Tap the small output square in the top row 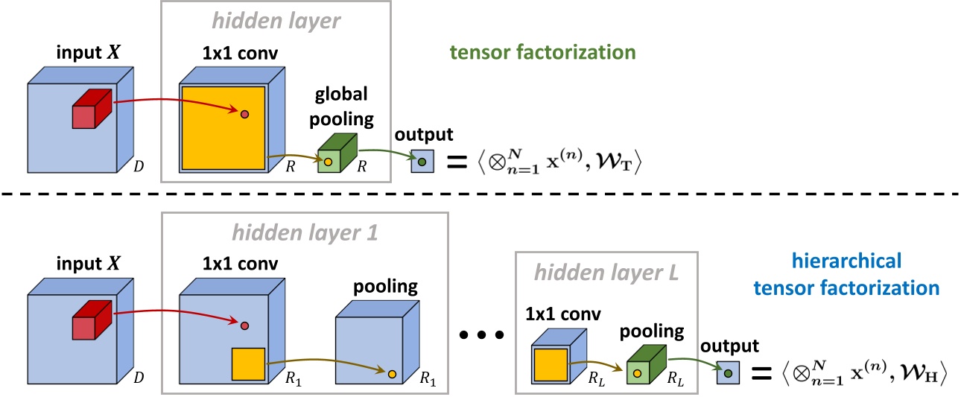(422, 162)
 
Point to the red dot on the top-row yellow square (244, 115)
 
